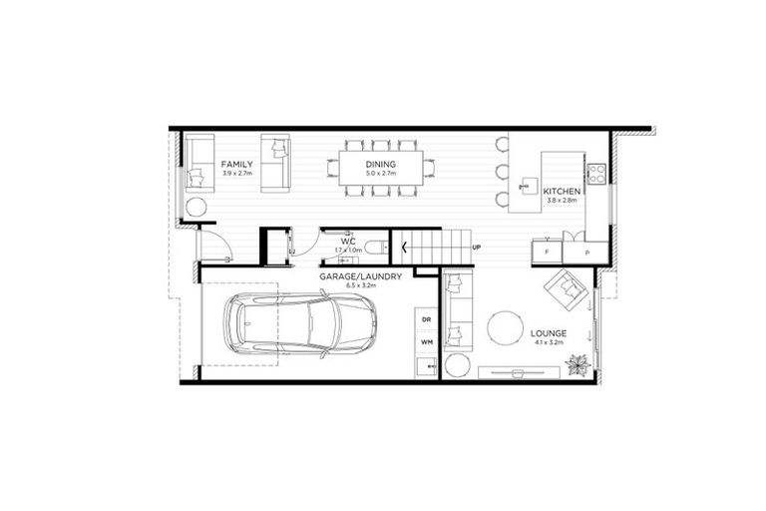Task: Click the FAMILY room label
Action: (x=237, y=165)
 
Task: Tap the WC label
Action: (x=348, y=242)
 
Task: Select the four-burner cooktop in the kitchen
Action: (x=596, y=174)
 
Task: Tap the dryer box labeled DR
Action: (x=427, y=319)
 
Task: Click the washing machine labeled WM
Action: (x=427, y=342)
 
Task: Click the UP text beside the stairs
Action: (x=477, y=247)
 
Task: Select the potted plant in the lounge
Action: (x=576, y=366)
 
